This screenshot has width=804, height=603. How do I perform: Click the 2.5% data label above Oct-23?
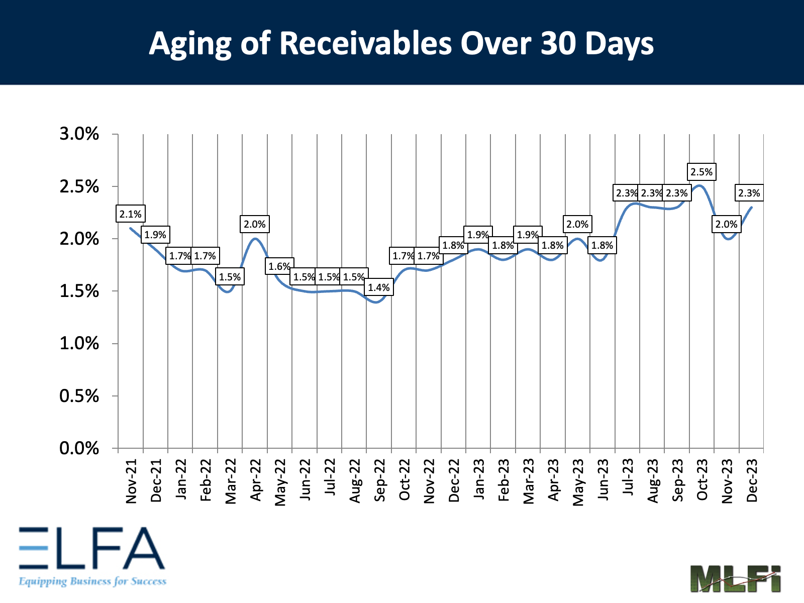click(x=701, y=172)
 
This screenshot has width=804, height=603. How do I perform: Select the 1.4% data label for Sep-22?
click(x=379, y=287)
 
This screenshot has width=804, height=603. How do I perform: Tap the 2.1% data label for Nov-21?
click(x=131, y=214)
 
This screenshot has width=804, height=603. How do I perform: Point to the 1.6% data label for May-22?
click(x=279, y=266)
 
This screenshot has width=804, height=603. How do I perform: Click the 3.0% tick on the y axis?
click(x=79, y=134)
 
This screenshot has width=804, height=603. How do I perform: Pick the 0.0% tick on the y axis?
click(x=79, y=448)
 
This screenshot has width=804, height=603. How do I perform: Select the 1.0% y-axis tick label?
click(x=79, y=344)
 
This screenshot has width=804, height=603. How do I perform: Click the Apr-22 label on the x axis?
click(x=255, y=480)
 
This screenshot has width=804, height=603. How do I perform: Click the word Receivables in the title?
click(x=365, y=43)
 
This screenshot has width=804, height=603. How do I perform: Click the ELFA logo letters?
click(x=92, y=548)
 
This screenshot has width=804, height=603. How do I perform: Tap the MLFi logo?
click(x=735, y=578)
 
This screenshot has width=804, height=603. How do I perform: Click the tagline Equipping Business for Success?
click(x=92, y=581)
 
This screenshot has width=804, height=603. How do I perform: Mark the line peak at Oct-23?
click(x=700, y=185)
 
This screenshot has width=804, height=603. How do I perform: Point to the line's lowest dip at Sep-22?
click(x=378, y=302)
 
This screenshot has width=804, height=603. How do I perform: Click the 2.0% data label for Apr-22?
click(x=255, y=224)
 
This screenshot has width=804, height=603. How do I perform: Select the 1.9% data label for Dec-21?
click(x=155, y=235)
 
